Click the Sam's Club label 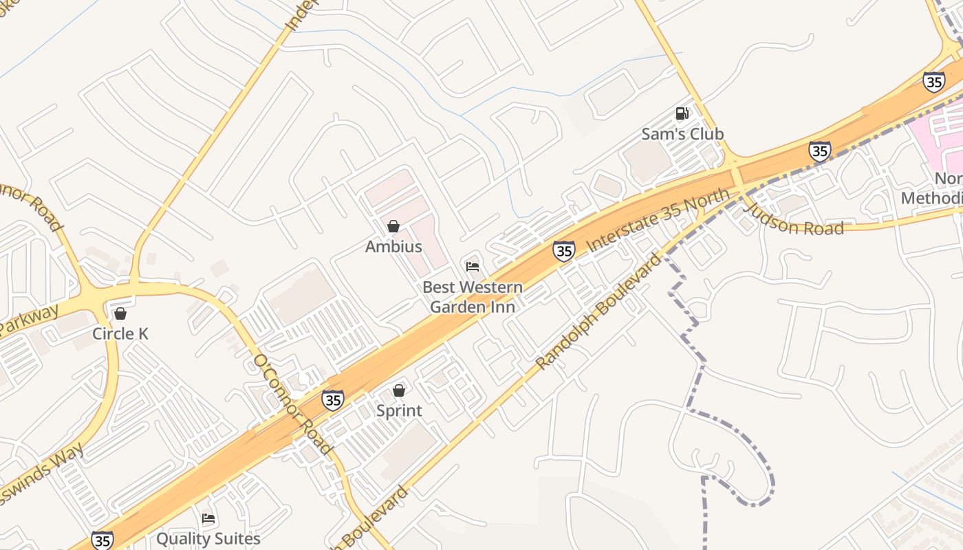[682, 134]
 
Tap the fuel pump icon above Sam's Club [682, 113]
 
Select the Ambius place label [393, 246]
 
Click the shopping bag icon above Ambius [393, 225]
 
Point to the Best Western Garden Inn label [473, 297]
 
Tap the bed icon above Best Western [473, 266]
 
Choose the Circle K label [120, 334]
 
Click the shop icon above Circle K [120, 313]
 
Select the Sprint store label [399, 411]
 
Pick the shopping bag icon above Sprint [399, 390]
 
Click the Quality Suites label [208, 538]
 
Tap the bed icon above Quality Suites [208, 518]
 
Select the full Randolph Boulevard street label [598, 311]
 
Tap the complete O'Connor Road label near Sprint [292, 405]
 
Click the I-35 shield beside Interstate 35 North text [564, 251]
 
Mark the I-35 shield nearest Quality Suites [102, 540]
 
